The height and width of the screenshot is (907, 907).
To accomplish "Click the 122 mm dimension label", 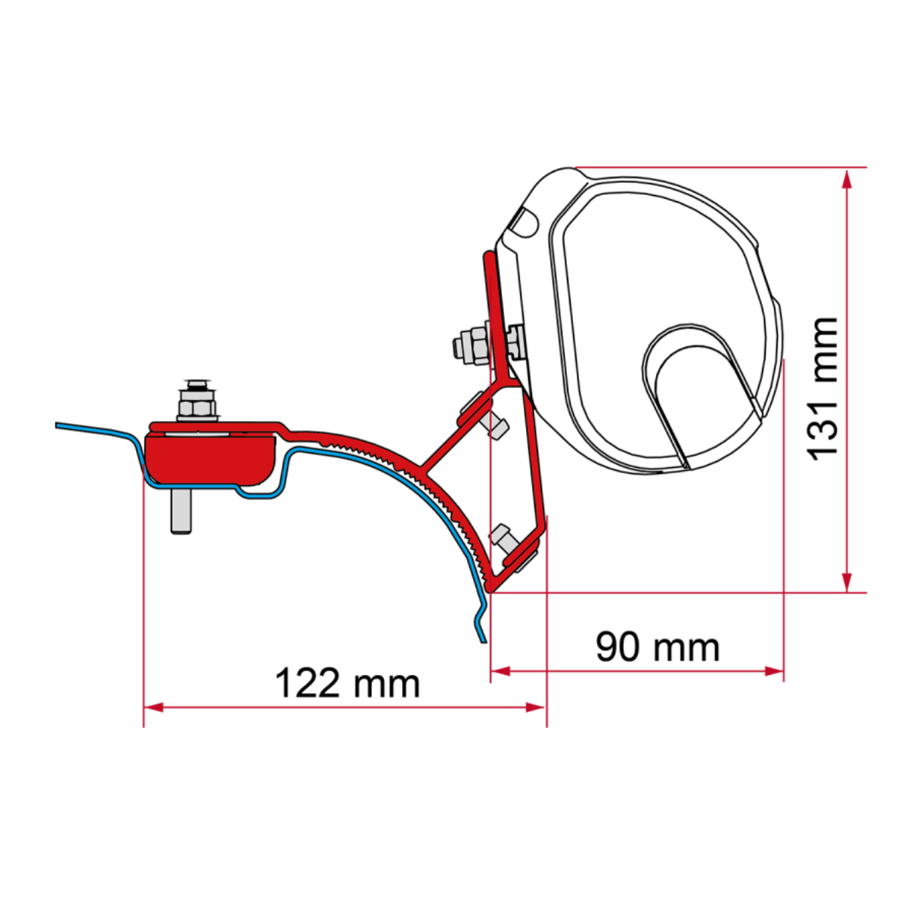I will [347, 683].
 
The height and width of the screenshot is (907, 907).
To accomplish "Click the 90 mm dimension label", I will [657, 648].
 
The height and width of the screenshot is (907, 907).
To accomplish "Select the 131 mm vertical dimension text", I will [822, 388].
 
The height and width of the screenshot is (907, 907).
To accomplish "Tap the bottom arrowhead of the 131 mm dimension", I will [847, 582].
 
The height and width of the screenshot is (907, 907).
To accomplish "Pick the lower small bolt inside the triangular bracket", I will [502, 538].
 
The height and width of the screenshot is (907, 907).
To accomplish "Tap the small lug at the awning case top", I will [523, 221].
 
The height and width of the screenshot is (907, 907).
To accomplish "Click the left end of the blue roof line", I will [58, 426].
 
